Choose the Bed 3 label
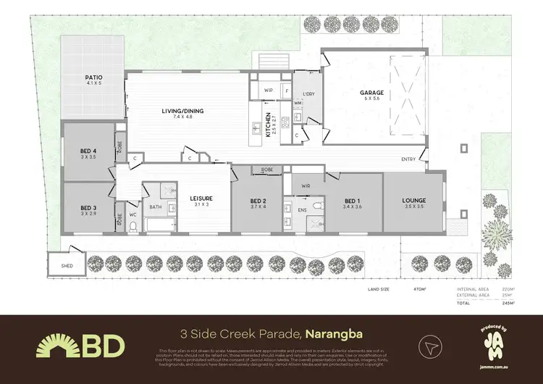tap(88, 208)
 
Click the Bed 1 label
tap(352, 201)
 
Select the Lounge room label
tap(415, 200)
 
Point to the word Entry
tap(408, 159)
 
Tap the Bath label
tap(156, 206)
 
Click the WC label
tap(132, 214)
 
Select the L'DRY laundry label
tap(308, 93)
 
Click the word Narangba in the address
tap(334, 334)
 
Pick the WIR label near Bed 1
tap(306, 185)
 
